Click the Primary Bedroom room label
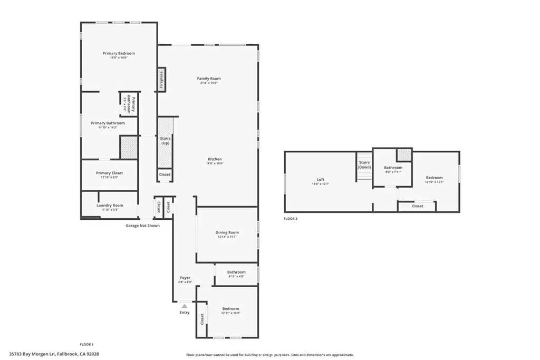pos(119,53)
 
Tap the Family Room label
pos(209,79)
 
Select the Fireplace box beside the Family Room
pos(161,80)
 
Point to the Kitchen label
pos(215,159)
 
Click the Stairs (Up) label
pos(165,141)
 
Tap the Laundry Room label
pos(110,206)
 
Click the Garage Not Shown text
pos(142,226)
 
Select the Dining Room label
pos(227,232)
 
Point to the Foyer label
pos(185,278)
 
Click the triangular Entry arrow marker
pos(185,305)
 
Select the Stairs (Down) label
pos(365,165)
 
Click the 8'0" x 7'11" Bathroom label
pos(393,168)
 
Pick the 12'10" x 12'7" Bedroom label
pos(435,178)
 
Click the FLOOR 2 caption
pos(291,218)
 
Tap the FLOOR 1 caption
pos(86,344)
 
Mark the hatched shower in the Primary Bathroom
pos(129,148)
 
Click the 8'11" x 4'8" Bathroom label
pos(236,273)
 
